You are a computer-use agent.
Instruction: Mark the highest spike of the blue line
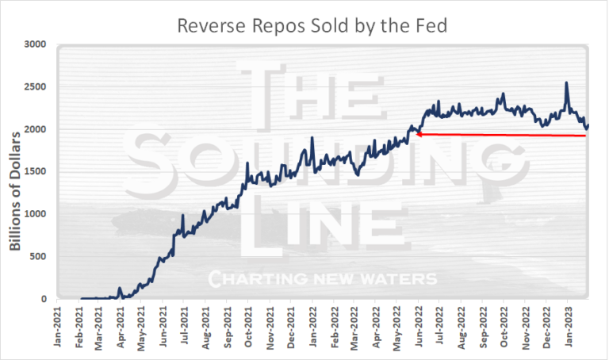566,82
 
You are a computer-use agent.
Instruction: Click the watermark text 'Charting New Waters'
322,279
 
